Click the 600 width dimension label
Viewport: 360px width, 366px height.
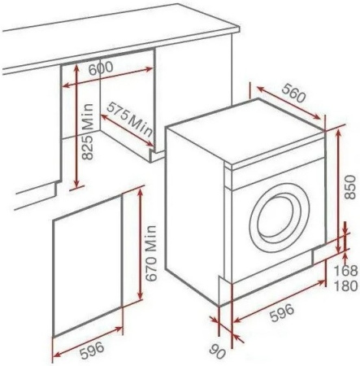click(101, 68)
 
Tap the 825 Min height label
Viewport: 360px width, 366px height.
click(88, 132)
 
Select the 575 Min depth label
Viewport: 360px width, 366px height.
click(129, 119)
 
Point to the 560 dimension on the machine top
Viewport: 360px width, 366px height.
click(293, 93)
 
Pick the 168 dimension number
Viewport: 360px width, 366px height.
click(345, 270)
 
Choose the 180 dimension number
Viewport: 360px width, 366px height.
click(345, 285)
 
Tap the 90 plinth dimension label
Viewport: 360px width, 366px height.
click(218, 351)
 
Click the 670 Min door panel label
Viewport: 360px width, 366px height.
click(150, 253)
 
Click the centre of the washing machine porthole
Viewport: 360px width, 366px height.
click(279, 217)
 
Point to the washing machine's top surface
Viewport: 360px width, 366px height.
click(245, 132)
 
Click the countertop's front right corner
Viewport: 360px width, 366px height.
click(240, 28)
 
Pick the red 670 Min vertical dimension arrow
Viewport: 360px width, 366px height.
click(140, 244)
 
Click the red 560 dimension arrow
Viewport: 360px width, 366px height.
click(288, 103)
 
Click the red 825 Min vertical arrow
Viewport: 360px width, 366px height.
click(77, 126)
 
